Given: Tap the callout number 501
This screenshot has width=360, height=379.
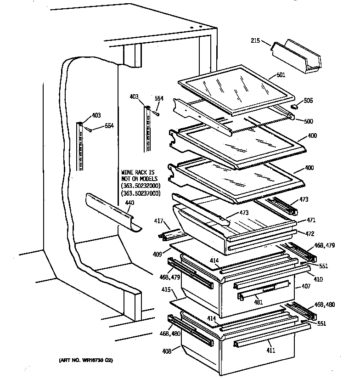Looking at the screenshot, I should click(281, 76).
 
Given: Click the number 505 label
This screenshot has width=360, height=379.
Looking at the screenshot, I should click(308, 101).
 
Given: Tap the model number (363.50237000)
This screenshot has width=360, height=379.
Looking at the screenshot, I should click(141, 193).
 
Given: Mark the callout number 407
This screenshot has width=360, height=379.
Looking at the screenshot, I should click(306, 287).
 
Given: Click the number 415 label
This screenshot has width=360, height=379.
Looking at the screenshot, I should click(165, 290).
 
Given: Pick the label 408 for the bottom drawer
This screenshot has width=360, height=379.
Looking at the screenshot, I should click(166, 351).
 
